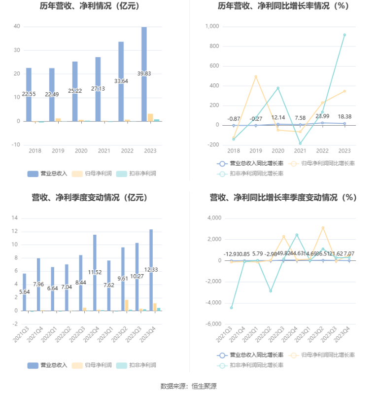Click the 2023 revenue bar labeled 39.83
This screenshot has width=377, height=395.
pos(144,74)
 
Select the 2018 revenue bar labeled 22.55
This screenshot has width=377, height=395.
pos(29,94)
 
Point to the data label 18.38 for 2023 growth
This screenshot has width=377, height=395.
pos(344,116)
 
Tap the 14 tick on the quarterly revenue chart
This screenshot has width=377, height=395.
pos(14,218)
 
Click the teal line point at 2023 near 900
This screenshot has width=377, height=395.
pos(344,35)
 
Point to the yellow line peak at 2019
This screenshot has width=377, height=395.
pos(256,76)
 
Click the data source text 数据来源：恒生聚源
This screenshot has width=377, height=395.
pos(188,386)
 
